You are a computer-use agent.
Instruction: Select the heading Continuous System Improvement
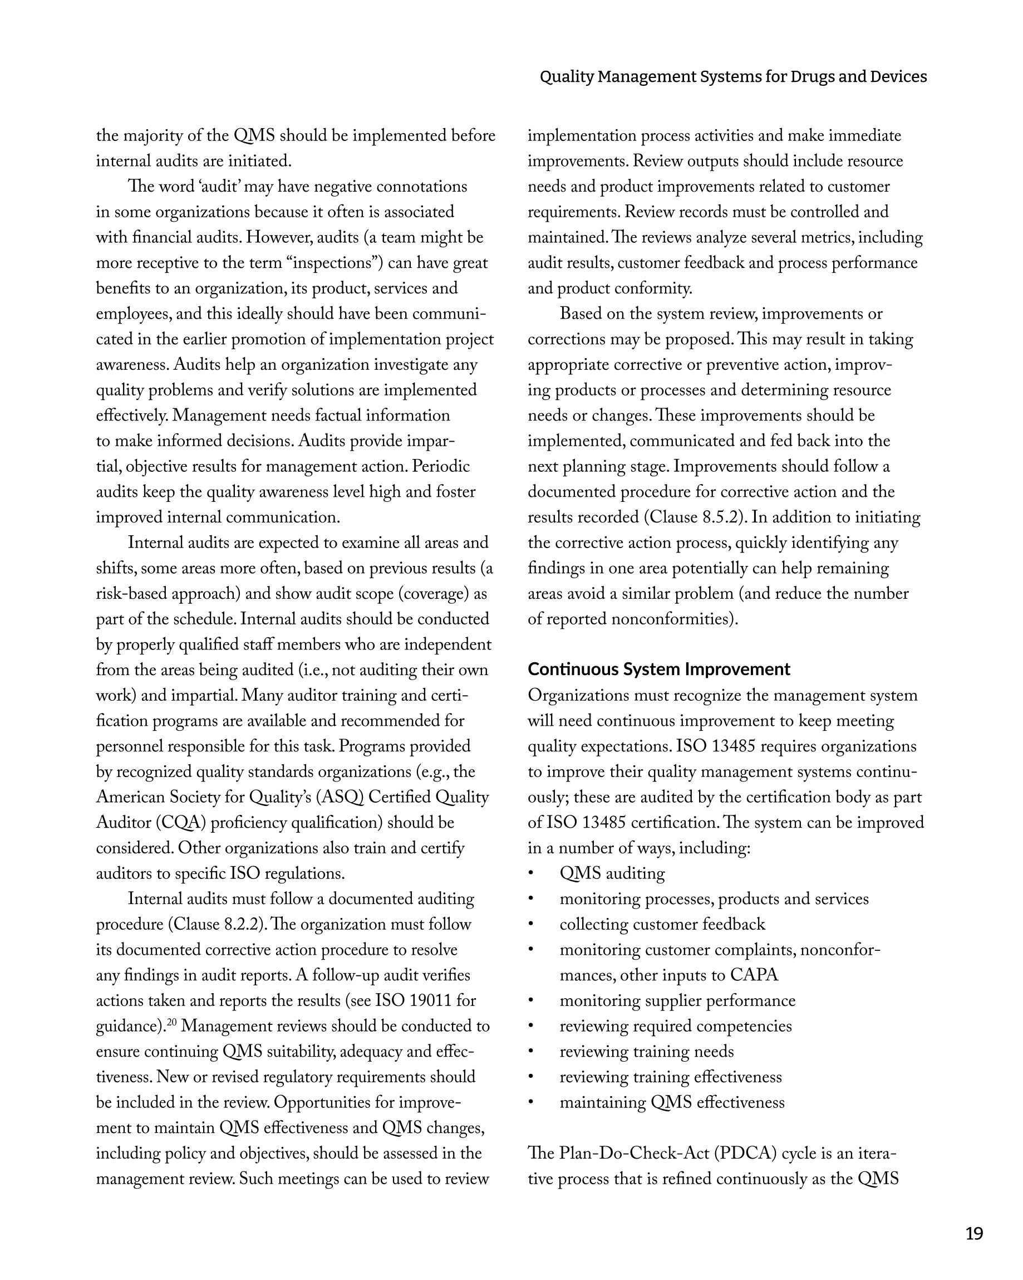pos(658,669)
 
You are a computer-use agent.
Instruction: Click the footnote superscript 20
pos(171,1022)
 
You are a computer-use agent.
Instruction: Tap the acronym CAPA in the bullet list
pos(754,975)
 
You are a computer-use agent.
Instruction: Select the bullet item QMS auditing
pos(612,873)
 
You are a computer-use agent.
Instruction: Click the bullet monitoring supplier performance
pos(677,1001)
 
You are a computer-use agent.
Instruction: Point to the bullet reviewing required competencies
pos(675,1027)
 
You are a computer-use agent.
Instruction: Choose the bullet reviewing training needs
pos(646,1052)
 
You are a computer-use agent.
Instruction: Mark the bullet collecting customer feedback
pos(662,925)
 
